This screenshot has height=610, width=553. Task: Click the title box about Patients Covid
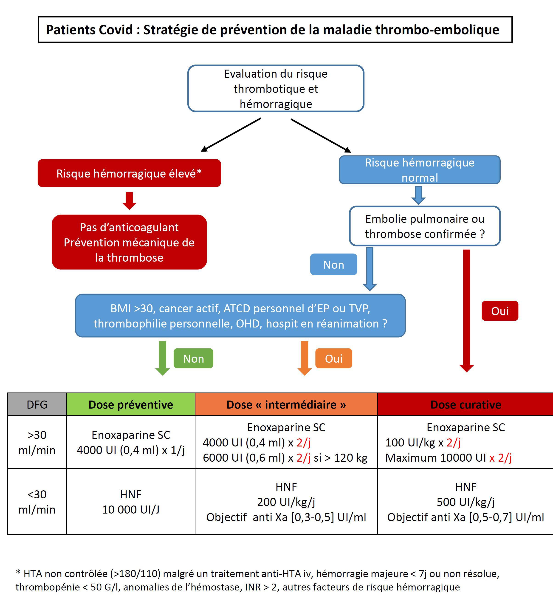pyautogui.click(x=275, y=30)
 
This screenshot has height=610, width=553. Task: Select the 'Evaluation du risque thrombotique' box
pyautogui.click(x=276, y=88)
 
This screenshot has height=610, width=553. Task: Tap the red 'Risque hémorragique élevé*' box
pyautogui.click(x=129, y=173)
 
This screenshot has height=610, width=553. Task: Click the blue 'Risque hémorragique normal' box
pyautogui.click(x=420, y=170)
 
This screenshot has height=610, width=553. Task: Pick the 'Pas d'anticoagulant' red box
pyautogui.click(x=129, y=242)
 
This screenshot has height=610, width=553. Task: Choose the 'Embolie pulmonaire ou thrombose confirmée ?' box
pyautogui.click(x=425, y=226)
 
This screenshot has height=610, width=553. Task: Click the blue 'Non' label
pyautogui.click(x=333, y=264)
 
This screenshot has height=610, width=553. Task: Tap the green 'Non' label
pyautogui.click(x=193, y=358)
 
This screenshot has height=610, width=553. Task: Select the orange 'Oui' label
pyautogui.click(x=334, y=358)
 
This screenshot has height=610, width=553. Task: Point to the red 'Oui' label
pyautogui.click(x=500, y=311)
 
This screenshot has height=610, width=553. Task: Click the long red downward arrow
pyautogui.click(x=466, y=311)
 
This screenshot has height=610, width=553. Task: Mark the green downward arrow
pyautogui.click(x=162, y=358)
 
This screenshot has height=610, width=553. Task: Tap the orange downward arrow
pyautogui.click(x=305, y=358)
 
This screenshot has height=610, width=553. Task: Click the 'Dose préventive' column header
pyautogui.click(x=131, y=404)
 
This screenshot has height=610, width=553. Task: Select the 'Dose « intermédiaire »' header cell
pyautogui.click(x=286, y=404)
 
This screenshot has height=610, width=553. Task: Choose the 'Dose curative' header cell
pyautogui.click(x=465, y=404)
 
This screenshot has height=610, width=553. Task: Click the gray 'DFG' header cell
pyautogui.click(x=37, y=404)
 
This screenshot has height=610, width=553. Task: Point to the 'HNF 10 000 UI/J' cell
pyautogui.click(x=131, y=502)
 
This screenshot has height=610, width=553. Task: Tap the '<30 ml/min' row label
pyautogui.click(x=37, y=502)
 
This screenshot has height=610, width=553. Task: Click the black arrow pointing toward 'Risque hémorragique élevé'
pyautogui.click(x=231, y=135)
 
